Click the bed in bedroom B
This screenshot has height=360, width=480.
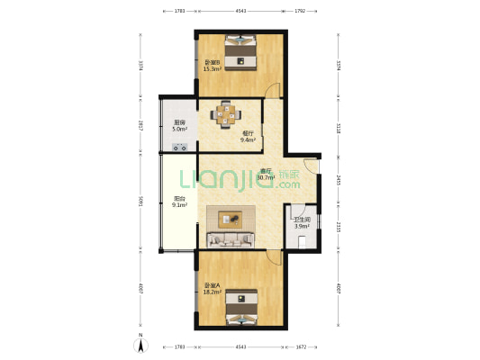[240, 51]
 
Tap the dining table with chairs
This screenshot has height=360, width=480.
[226, 114]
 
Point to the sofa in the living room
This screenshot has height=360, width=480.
[234, 238]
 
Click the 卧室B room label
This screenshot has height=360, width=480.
[213, 62]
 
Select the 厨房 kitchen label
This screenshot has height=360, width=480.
[180, 122]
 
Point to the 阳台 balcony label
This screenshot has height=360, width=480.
[179, 199]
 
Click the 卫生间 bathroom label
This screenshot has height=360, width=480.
[302, 220]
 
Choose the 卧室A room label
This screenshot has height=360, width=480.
[213, 286]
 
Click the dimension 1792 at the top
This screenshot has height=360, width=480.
[300, 11]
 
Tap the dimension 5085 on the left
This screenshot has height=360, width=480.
[140, 202]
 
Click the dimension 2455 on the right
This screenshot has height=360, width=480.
[338, 180]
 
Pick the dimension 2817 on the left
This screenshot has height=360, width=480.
[140, 126]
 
